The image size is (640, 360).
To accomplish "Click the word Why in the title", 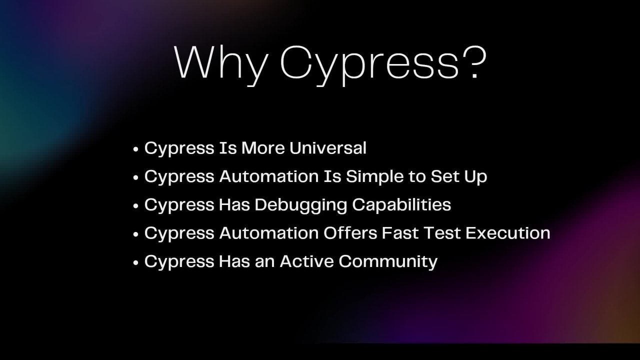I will [x=221, y=62].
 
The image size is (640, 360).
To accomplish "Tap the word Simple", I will [x=374, y=176].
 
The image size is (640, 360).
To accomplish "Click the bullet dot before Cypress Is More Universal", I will [x=136, y=149].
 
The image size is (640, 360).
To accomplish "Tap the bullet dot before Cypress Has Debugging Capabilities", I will [x=136, y=205].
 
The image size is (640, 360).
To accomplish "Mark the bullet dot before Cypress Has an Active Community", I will [x=136, y=262].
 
